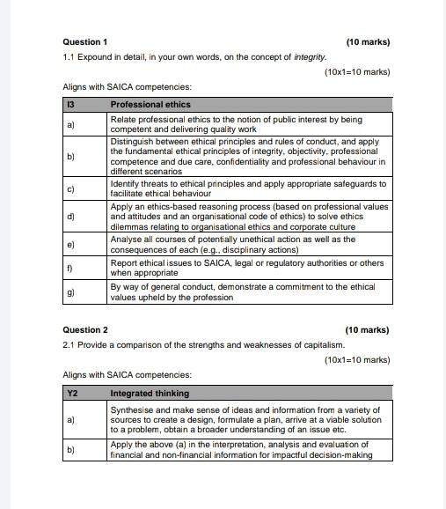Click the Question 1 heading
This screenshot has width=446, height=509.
pyautogui.click(x=85, y=41)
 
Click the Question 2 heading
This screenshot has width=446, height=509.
pyautogui.click(x=85, y=330)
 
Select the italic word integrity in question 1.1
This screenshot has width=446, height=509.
pyautogui.click(x=309, y=56)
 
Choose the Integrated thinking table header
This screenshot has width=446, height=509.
pyautogui.click(x=150, y=394)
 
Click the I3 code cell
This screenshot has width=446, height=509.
pyautogui.click(x=70, y=104)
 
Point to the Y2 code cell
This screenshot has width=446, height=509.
pyautogui.click(x=71, y=394)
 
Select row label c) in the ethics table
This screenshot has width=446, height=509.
pyautogui.click(x=70, y=189)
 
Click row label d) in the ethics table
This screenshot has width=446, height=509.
pyautogui.click(x=70, y=217)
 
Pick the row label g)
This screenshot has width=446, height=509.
pyautogui.click(x=70, y=292)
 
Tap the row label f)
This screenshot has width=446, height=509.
pyautogui.click(x=69, y=268)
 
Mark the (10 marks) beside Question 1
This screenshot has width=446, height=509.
pyautogui.click(x=368, y=41)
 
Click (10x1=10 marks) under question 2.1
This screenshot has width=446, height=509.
pyautogui.click(x=356, y=359)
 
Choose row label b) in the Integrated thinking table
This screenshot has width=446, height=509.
pyautogui.click(x=70, y=450)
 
